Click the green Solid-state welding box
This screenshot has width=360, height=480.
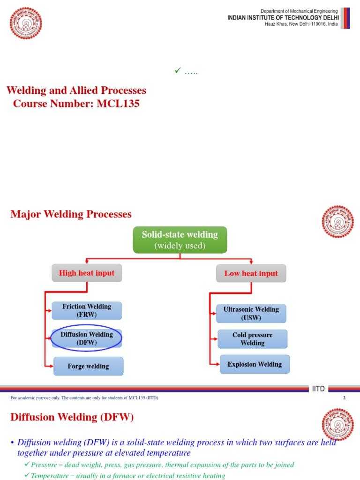pos(180,240)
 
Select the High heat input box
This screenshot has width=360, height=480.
pos(87,273)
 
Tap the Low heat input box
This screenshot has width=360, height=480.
pos(251,273)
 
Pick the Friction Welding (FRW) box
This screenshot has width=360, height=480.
pos(87,310)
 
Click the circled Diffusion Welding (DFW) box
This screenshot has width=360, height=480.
pos(87,338)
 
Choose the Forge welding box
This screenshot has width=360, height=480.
pos(88,366)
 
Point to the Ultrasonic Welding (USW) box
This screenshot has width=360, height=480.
pos(251,313)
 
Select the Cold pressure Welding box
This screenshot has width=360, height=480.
pos(252,339)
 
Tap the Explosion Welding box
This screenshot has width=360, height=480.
pos(255,364)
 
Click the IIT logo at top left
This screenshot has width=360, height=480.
pos(26,23)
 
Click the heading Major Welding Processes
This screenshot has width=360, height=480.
pos(71,214)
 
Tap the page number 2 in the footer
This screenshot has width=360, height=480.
pos(344,398)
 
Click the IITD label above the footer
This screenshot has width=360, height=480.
pos(318,389)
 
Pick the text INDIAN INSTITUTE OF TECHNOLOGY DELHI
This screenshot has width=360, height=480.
pos(283,17)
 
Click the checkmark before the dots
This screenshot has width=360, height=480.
pos(177,71)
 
